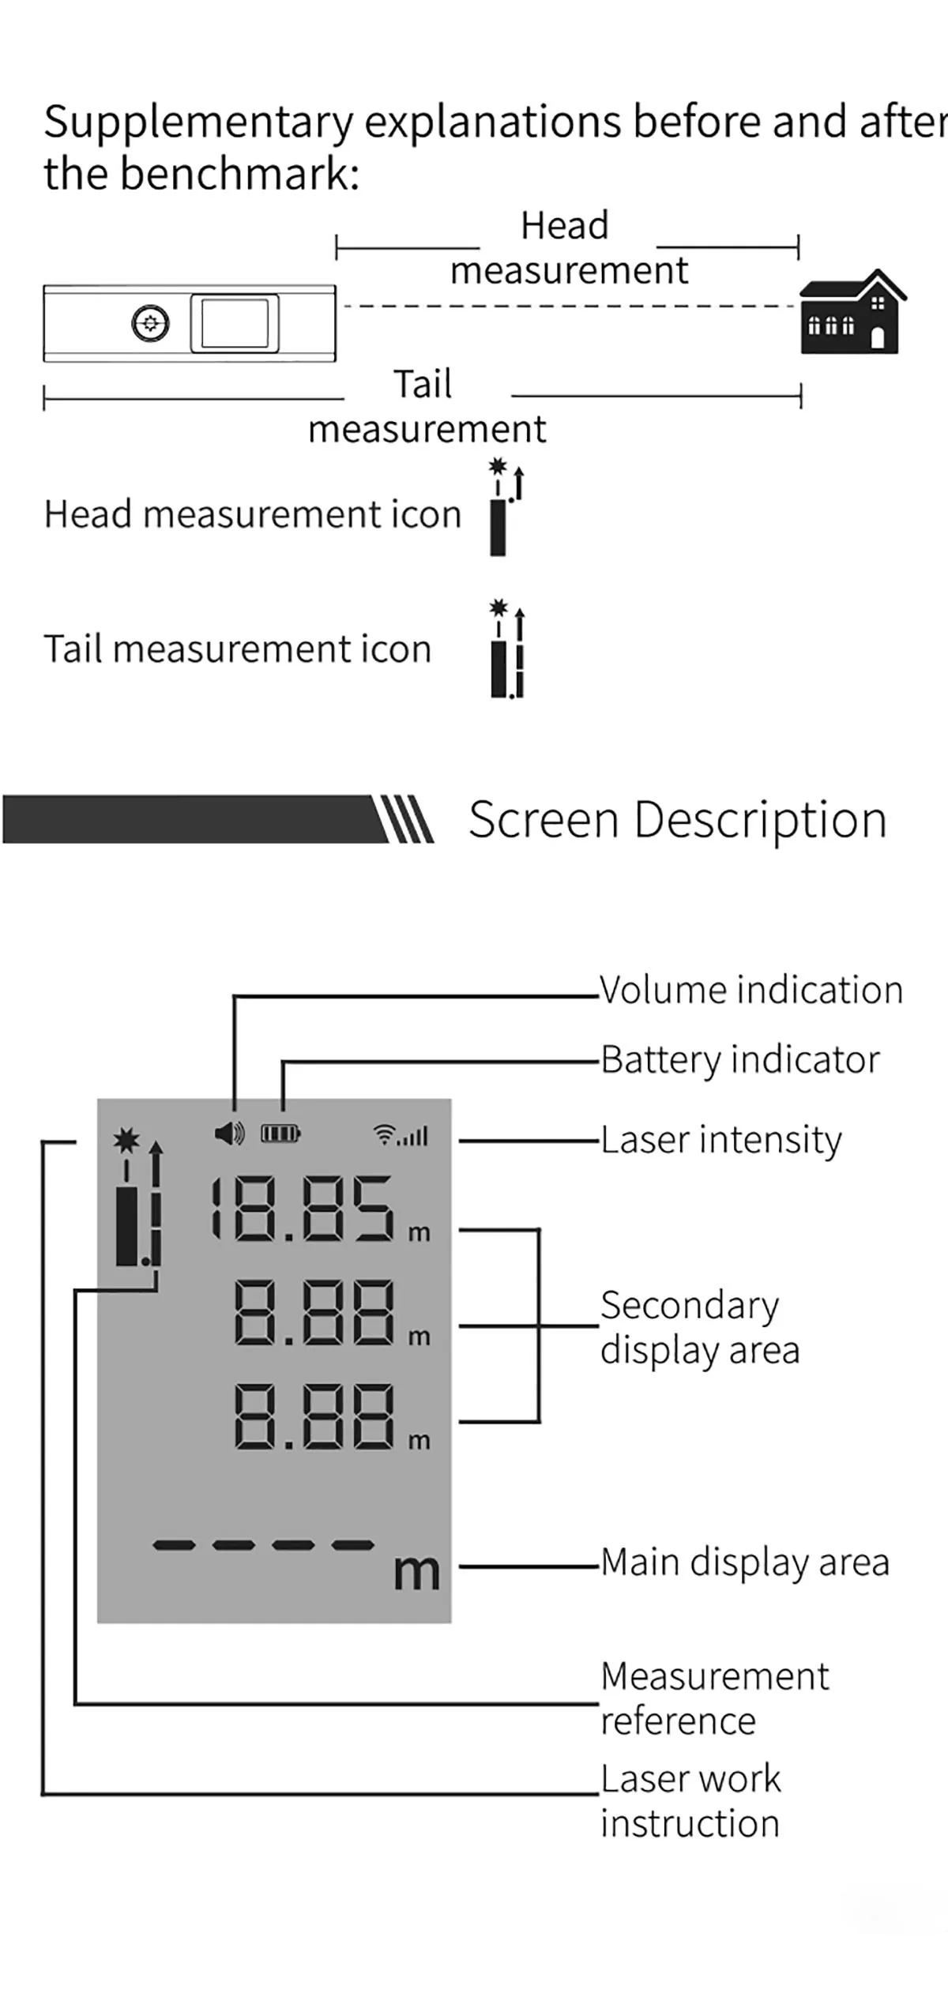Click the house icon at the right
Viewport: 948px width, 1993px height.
coord(852,313)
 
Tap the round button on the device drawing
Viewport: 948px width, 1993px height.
coord(150,323)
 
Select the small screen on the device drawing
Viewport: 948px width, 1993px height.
coord(235,323)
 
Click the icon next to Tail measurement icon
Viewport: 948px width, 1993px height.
coord(506,650)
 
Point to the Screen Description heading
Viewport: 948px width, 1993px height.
coord(677,819)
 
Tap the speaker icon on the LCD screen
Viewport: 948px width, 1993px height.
coord(229,1134)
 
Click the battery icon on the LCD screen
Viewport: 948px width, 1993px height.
coord(280,1134)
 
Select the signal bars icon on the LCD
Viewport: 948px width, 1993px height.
coord(401,1135)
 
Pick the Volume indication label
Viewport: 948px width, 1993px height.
coord(750,990)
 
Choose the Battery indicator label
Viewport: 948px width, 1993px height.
coord(739,1059)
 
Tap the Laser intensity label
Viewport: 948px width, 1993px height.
coord(720,1140)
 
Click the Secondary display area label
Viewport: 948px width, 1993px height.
coord(699,1327)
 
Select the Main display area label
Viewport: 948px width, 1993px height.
coord(744,1562)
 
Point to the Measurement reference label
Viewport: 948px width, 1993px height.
coord(714,1698)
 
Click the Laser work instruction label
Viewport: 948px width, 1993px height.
coord(690,1801)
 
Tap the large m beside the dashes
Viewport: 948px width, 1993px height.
coord(416,1572)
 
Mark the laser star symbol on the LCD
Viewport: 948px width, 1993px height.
coord(126,1140)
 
